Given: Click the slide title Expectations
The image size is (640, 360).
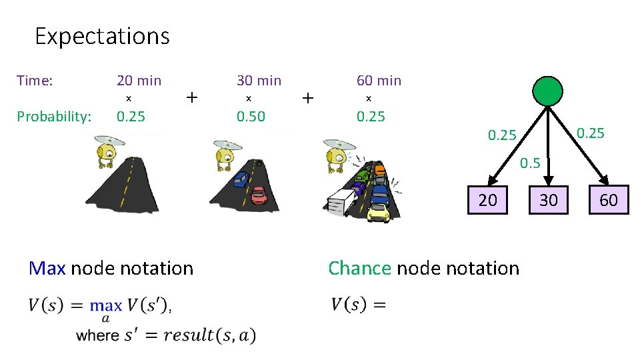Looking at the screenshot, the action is [x=102, y=35].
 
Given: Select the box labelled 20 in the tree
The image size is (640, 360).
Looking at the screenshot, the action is [x=488, y=200].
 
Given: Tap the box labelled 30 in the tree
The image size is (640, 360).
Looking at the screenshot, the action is [x=548, y=200].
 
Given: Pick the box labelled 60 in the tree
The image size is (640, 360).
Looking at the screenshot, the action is [x=608, y=200].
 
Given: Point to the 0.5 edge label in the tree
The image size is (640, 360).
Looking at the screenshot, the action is [x=530, y=163].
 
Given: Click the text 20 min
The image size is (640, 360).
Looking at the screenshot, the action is [x=139, y=81].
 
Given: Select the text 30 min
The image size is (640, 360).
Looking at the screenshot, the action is [x=259, y=81].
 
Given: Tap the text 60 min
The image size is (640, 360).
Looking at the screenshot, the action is [x=379, y=81].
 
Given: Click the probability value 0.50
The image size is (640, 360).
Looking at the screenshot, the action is [x=251, y=117].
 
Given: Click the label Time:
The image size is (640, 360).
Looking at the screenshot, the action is [x=35, y=81].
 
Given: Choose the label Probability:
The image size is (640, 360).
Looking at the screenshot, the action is [x=54, y=117].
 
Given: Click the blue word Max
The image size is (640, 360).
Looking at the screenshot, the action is [x=47, y=268].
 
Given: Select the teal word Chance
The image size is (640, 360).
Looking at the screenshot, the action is [x=359, y=268].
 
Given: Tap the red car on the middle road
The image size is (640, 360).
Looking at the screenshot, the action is [x=259, y=195].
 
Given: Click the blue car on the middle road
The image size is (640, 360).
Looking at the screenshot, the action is [x=241, y=179].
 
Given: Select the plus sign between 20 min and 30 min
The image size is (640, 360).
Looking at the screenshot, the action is [x=192, y=98].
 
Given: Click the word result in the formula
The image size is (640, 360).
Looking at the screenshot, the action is [x=189, y=335].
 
